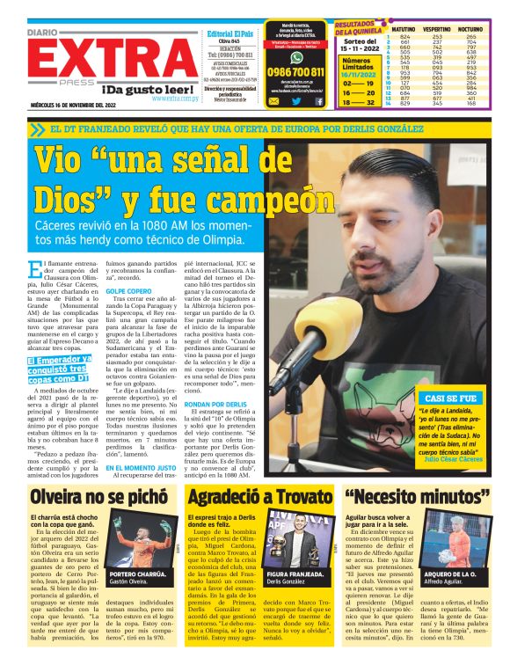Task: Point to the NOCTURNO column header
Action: pos(472,29)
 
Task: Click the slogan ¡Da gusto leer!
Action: pos(150,90)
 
